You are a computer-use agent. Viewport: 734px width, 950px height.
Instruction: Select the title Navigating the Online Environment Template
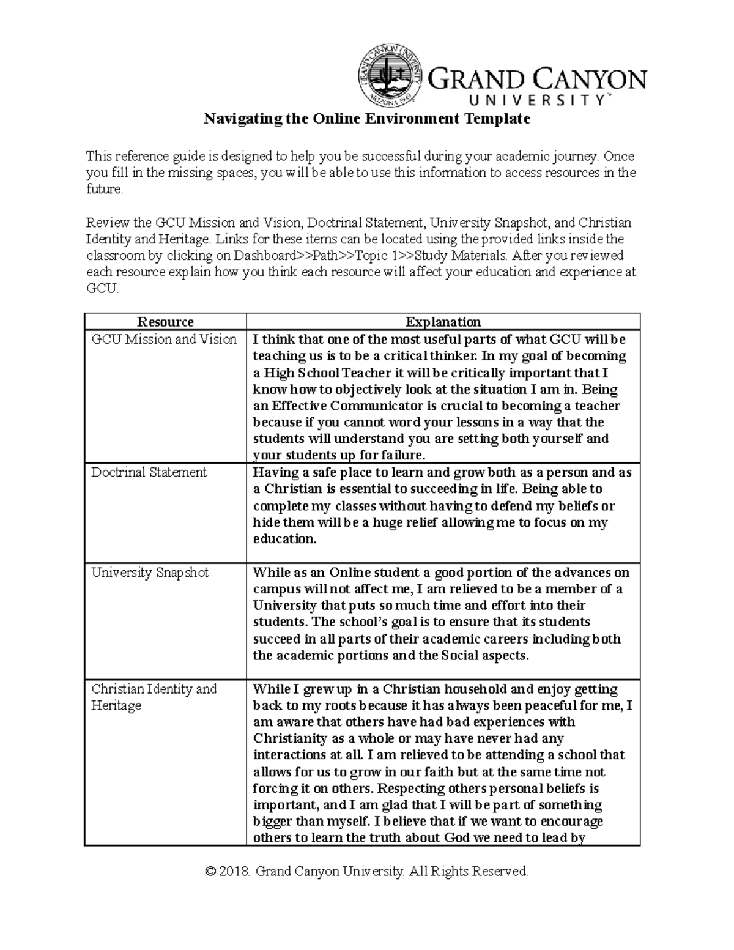(366, 119)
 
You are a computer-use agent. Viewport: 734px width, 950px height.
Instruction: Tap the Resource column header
(165, 322)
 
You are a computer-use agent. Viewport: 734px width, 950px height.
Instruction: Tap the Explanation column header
(443, 322)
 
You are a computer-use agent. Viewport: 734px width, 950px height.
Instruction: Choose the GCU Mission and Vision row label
(164, 340)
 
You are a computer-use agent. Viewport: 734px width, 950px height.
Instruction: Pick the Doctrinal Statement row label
(149, 472)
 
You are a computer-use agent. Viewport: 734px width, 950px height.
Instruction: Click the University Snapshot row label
(150, 573)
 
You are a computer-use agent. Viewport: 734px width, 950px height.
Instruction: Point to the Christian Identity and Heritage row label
(154, 697)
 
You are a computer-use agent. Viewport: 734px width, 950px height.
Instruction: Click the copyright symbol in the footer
(212, 871)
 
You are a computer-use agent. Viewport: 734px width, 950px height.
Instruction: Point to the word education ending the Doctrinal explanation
(284, 539)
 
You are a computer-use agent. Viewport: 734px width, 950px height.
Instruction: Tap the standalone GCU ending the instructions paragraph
(101, 289)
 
